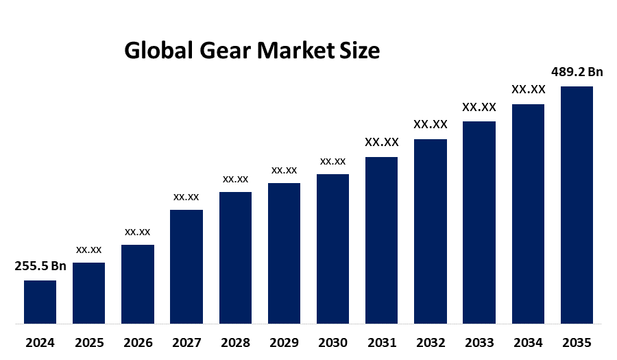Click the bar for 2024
click(x=40, y=302)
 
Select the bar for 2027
click(x=186, y=266)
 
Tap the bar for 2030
click(x=332, y=248)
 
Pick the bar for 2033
click(x=479, y=222)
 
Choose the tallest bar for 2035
click(x=577, y=204)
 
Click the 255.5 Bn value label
click(x=40, y=267)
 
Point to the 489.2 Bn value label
click(x=577, y=72)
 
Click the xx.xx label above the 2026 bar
click(x=137, y=232)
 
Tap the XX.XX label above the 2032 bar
click(x=430, y=125)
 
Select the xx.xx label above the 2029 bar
click(x=284, y=170)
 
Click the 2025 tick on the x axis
click(x=89, y=342)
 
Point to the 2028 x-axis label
click(x=235, y=342)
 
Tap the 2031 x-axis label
click(x=381, y=342)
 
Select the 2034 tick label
click(x=528, y=342)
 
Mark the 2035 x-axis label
click(x=577, y=342)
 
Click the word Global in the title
click(x=158, y=51)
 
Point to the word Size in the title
click(x=360, y=51)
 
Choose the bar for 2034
click(x=528, y=213)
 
